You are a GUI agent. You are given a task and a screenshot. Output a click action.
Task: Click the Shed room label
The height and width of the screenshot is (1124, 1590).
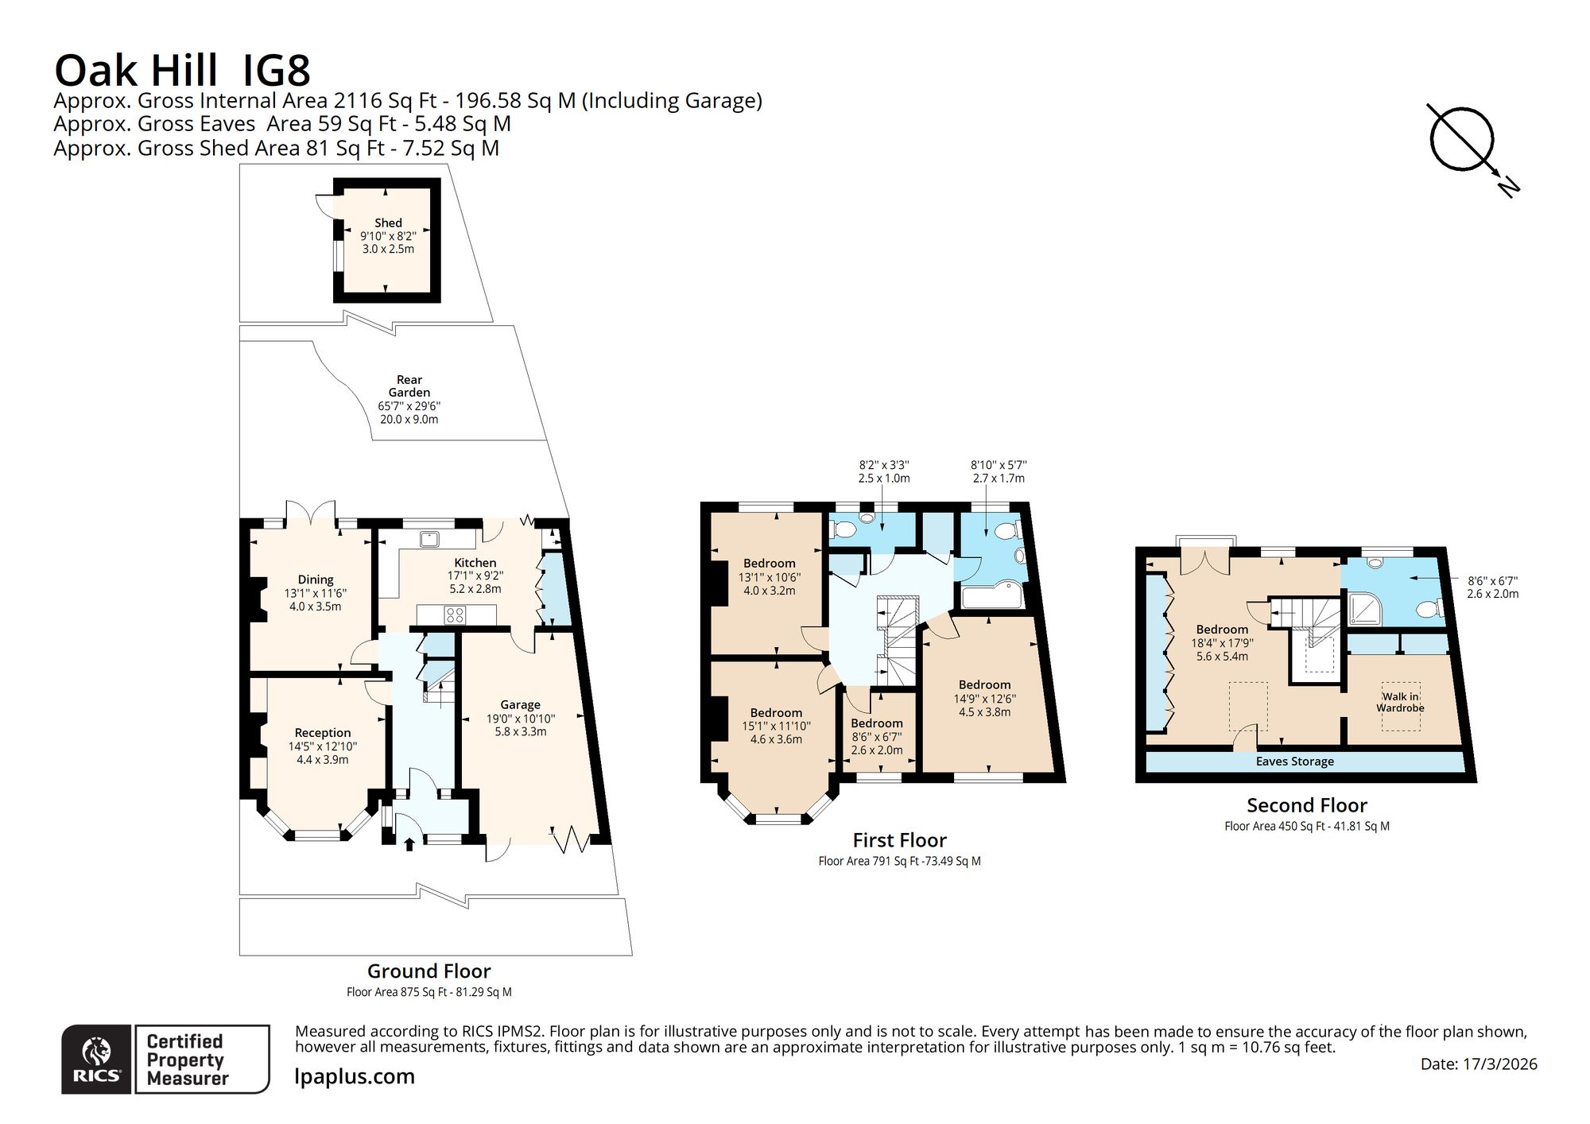click(x=388, y=223)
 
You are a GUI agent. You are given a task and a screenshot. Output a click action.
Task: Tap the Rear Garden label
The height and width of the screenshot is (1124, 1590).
click(x=409, y=386)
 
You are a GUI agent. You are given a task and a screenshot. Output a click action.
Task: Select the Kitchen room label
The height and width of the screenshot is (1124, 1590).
click(x=475, y=563)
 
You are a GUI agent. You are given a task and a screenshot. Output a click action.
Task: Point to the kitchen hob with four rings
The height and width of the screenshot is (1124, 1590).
click(x=456, y=614)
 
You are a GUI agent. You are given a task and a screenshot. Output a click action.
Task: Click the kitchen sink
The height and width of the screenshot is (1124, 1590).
click(x=430, y=538)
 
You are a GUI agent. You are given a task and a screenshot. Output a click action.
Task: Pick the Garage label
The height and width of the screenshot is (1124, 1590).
click(x=521, y=705)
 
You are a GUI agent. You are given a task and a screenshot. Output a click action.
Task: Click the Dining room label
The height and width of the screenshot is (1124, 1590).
click(x=316, y=579)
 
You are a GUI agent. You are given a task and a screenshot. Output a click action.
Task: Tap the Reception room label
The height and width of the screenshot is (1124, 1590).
click(x=323, y=733)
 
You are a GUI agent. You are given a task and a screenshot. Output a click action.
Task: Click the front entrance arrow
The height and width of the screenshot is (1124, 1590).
click(x=409, y=843)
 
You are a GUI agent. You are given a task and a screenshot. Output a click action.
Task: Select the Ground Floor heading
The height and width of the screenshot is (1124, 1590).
click(x=429, y=971)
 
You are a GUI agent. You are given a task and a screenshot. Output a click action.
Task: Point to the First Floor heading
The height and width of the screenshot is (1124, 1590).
click(x=900, y=840)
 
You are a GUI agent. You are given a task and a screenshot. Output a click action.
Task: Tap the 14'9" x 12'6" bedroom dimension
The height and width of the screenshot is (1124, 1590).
click(x=985, y=699)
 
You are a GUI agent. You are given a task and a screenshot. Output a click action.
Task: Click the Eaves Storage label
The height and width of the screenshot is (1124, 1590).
click(x=1295, y=762)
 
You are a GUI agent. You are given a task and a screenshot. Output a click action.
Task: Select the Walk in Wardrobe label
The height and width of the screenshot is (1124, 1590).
click(x=1400, y=703)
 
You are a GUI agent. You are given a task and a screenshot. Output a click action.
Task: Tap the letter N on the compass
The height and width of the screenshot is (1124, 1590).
click(x=1508, y=187)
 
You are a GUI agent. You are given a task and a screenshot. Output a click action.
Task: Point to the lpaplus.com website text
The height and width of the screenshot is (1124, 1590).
click(x=355, y=1077)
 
